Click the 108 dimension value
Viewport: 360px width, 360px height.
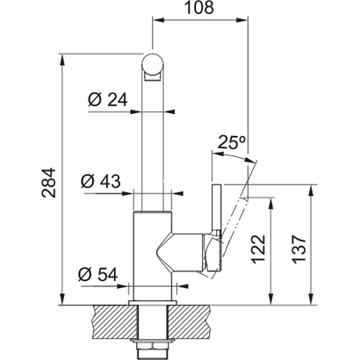[201, 11]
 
